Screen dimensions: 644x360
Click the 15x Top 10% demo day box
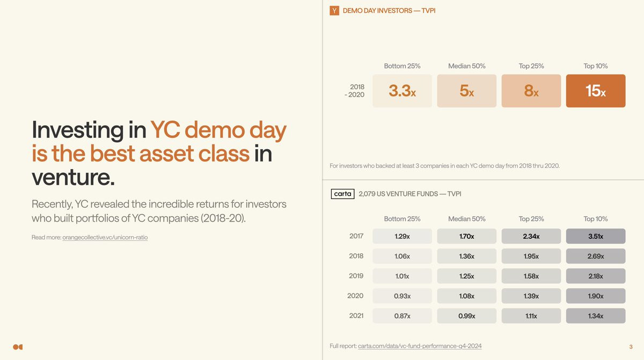[x=596, y=91]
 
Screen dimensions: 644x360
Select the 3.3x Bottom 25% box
[x=402, y=91]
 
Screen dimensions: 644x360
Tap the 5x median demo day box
[x=466, y=91]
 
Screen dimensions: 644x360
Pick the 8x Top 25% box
[x=531, y=91]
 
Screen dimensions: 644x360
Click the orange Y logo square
[x=334, y=11]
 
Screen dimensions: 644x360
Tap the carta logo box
[x=343, y=194]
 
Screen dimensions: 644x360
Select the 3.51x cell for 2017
[x=596, y=236]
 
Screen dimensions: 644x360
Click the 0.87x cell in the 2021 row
[x=402, y=316]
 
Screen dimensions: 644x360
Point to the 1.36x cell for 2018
[x=466, y=256]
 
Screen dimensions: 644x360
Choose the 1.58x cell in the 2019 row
[x=531, y=276]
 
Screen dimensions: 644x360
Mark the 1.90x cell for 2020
[x=596, y=296]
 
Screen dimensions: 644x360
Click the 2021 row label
[x=356, y=316]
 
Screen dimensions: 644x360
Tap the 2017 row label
[x=356, y=236]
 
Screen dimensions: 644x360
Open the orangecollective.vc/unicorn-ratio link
[x=105, y=237]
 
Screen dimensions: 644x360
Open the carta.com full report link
[x=420, y=346]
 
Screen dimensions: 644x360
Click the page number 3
[x=631, y=347]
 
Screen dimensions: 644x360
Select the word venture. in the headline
[x=73, y=177]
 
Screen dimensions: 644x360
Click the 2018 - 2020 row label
[x=355, y=91]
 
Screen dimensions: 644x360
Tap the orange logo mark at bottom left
[x=18, y=347]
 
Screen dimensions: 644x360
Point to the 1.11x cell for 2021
[x=531, y=316]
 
